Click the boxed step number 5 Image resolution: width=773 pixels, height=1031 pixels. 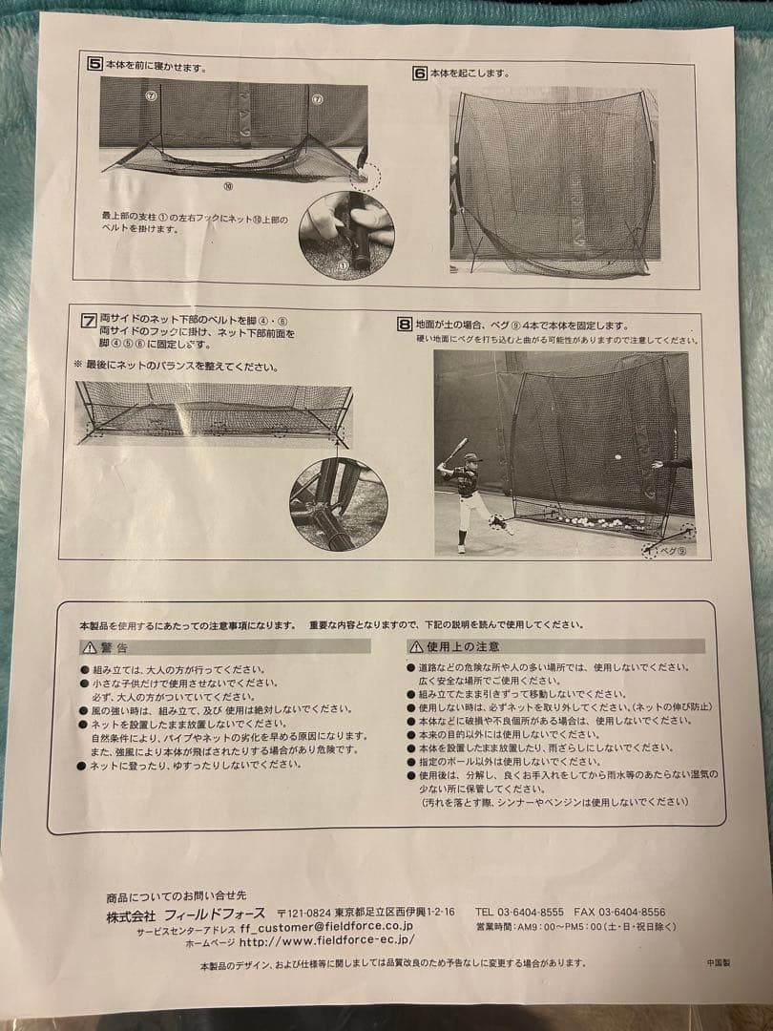(x=94, y=65)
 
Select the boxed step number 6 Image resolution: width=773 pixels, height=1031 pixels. (x=419, y=73)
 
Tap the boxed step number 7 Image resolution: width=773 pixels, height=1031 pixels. (x=89, y=320)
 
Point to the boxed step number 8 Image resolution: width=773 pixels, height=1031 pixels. (x=405, y=325)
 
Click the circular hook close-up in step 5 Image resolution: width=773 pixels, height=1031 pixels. (x=345, y=235)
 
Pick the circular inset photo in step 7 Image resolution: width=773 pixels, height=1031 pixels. (x=339, y=504)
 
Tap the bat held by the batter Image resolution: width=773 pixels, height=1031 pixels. (x=455, y=450)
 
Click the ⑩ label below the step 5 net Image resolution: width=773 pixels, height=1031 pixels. (x=227, y=187)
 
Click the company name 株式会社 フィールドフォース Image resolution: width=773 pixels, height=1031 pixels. (x=181, y=913)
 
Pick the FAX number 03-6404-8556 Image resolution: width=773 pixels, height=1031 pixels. (x=634, y=912)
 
